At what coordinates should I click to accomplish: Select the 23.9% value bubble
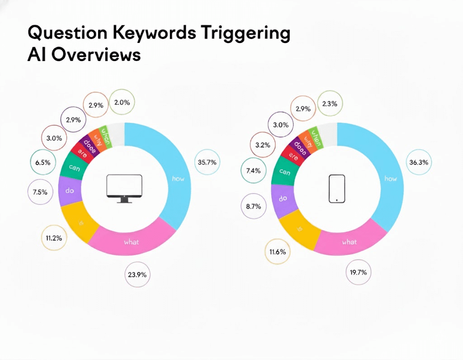point(138,274)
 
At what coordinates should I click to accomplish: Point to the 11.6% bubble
point(277,251)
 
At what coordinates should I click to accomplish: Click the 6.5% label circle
point(43,162)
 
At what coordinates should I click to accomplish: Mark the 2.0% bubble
point(122,103)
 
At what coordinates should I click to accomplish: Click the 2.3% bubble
point(330,104)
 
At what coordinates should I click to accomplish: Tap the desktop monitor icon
point(124,189)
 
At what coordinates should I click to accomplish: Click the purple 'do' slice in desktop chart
point(70,191)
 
